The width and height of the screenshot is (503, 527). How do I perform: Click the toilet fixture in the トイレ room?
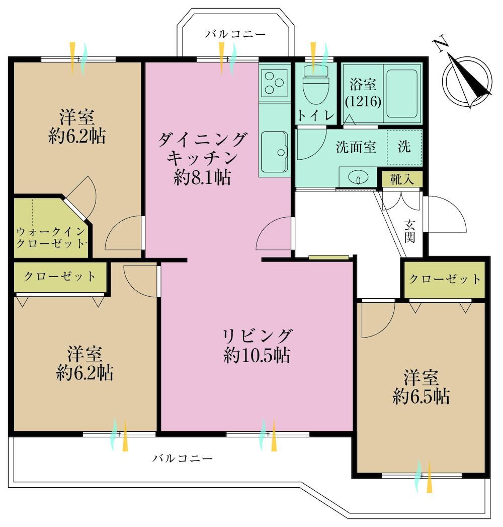tap(316, 84)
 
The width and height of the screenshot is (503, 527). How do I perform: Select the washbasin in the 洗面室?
tap(358, 177)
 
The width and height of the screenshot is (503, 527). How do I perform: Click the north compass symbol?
tap(467, 82)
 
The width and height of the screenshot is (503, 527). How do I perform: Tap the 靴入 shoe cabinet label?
tap(402, 179)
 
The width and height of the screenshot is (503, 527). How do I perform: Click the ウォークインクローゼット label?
tap(51, 237)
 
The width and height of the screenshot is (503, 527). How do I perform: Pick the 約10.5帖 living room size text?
tap(257, 355)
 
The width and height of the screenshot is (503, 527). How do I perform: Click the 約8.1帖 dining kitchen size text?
tap(202, 177)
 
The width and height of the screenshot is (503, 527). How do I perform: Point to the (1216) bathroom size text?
tap(363, 101)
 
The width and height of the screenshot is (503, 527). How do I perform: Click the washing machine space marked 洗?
tap(404, 147)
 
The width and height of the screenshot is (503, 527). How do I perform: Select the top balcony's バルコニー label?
tap(235, 34)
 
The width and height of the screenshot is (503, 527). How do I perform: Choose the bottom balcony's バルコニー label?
tap(183, 458)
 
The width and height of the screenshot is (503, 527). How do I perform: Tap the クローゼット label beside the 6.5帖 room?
tap(445, 279)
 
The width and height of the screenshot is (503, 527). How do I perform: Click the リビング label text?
tap(257, 336)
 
